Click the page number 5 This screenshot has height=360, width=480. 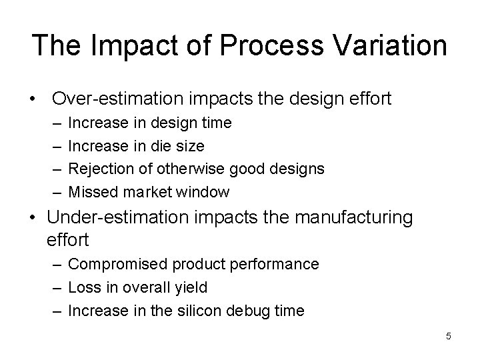click(x=448, y=336)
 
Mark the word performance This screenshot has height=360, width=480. click(x=279, y=264)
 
